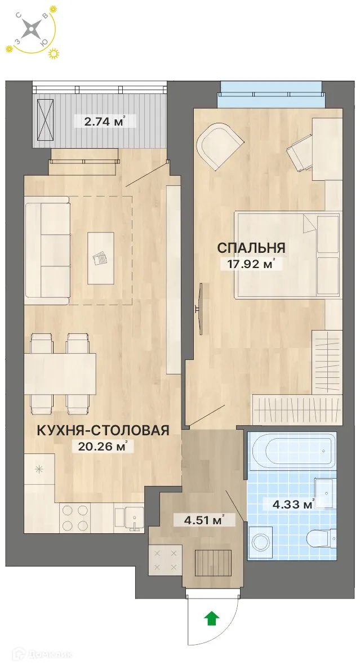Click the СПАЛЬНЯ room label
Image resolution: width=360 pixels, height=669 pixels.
tap(251, 248)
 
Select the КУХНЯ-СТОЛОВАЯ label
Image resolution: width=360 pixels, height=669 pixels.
tap(103, 431)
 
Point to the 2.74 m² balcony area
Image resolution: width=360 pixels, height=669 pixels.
tap(100, 120)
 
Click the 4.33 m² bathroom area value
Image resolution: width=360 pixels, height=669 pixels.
tap(291, 505)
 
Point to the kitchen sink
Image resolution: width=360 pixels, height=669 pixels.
tap(130, 517)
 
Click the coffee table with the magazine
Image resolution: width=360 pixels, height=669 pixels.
tap(100, 258)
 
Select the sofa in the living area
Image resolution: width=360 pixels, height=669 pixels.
tap(47, 250)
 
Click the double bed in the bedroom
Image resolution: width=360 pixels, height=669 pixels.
tap(287, 253)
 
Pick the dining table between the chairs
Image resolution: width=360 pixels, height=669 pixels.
tap(60, 373)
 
